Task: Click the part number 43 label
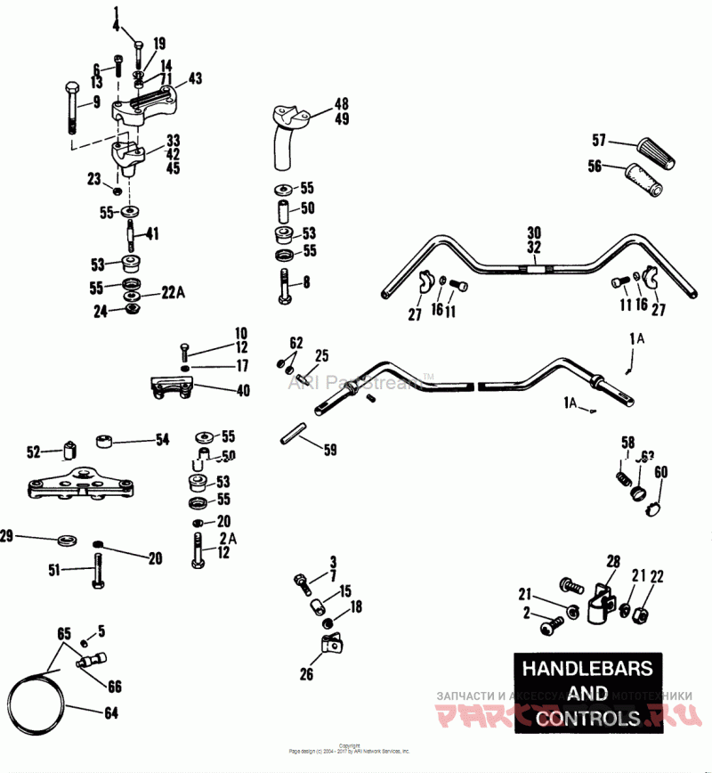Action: pyautogui.click(x=195, y=78)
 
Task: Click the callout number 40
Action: pyautogui.click(x=218, y=390)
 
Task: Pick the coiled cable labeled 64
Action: pyautogui.click(x=36, y=699)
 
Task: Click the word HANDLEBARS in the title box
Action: pyautogui.click(x=587, y=668)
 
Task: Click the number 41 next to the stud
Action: pyautogui.click(x=152, y=234)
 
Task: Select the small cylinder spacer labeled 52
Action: pyautogui.click(x=66, y=449)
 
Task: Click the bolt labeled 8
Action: pyautogui.click(x=284, y=287)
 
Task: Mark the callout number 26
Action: pyautogui.click(x=306, y=674)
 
